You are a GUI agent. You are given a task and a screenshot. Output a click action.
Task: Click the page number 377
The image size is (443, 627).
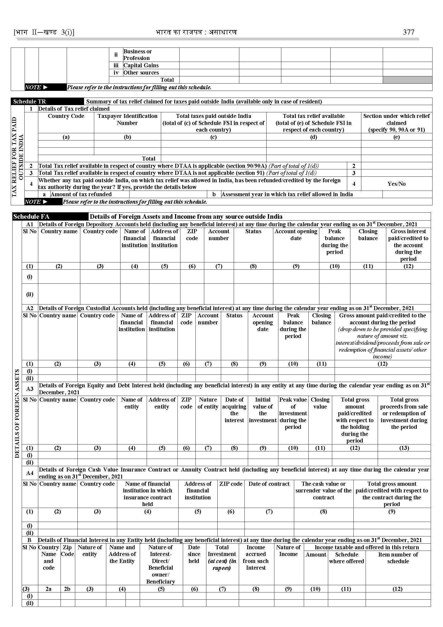(x=408, y=32)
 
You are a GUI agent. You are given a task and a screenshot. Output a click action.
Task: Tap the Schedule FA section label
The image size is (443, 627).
(x=31, y=217)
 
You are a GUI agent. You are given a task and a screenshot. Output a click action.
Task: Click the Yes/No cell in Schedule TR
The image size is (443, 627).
(x=396, y=184)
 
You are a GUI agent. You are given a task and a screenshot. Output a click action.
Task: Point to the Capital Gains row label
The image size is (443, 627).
(x=141, y=65)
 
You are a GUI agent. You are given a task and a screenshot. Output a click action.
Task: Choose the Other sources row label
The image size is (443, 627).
(x=141, y=73)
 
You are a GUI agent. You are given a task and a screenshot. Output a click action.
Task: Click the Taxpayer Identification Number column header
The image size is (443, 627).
(x=127, y=119)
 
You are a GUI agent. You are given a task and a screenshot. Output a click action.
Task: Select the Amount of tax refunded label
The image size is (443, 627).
(x=81, y=194)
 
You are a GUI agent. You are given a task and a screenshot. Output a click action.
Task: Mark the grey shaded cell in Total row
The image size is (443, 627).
(x=407, y=80)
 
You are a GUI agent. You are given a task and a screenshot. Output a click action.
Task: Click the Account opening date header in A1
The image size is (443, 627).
(x=296, y=235)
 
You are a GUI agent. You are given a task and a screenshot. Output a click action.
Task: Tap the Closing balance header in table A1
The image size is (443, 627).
(x=368, y=235)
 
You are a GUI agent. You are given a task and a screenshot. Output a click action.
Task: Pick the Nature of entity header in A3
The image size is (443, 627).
(x=208, y=403)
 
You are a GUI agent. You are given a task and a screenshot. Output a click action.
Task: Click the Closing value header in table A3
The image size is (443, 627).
(x=320, y=403)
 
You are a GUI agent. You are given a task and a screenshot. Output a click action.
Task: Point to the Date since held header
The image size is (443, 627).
(x=194, y=554)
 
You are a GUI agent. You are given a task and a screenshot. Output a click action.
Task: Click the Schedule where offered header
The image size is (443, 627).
(x=346, y=558)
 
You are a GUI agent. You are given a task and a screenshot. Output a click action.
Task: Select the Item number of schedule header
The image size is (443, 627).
(x=398, y=558)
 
